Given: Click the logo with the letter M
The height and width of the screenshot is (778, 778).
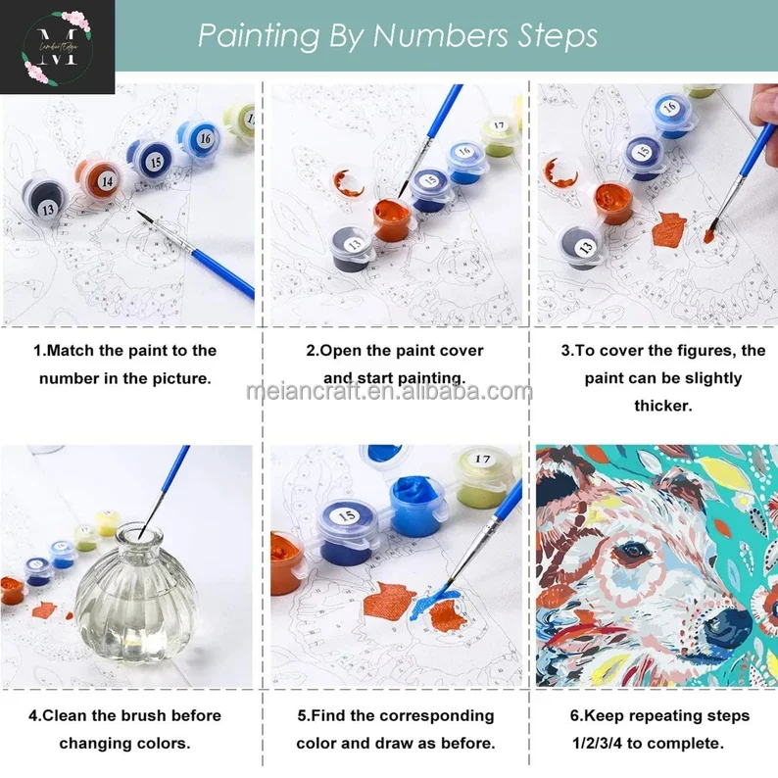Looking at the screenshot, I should [57, 47].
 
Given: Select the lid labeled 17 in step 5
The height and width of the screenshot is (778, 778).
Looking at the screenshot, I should [481, 458].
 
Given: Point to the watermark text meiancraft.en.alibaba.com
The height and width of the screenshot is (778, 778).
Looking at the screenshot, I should [389, 393].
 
